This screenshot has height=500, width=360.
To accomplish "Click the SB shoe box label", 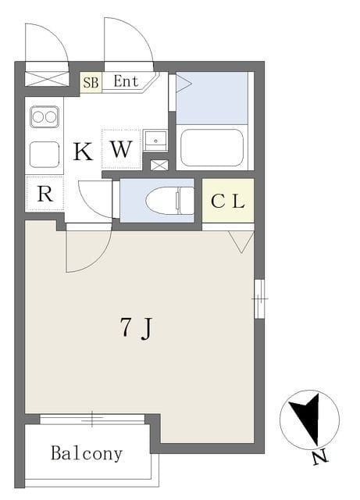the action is pos(91,83).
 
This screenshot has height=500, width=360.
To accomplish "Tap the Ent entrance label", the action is pos(126,81).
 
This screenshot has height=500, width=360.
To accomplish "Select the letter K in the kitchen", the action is pos(83,152).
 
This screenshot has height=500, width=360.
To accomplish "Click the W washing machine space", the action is pos(121,149).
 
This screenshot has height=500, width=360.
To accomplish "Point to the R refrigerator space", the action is pos(45,193).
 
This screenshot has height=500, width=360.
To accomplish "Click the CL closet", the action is pos(228,201).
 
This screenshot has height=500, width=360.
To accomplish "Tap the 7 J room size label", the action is pos(137,328).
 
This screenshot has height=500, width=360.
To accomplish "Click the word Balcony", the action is pos(87,453).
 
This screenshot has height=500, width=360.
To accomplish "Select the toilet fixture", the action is pos(169,201).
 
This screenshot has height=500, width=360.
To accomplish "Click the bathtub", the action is pos(212,148).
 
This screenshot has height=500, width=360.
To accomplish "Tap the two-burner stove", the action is pos(45,117).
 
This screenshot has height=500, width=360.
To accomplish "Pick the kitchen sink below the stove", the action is pos(45,155).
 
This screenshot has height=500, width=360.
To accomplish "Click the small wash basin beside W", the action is pos(155,141).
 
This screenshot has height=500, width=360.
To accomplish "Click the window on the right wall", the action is pos(259,299).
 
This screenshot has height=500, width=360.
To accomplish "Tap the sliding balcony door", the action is pos(92,419).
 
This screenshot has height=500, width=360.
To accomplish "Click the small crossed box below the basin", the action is pos(159,165).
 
